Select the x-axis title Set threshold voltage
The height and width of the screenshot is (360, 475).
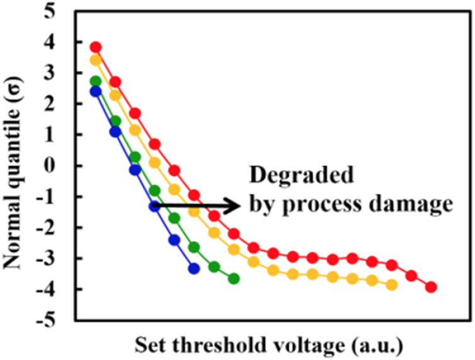coord(268,345)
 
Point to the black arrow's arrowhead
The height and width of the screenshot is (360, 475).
coord(235,205)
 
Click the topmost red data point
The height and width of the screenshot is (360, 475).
coord(96,47)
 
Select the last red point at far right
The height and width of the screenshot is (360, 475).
coord(431,288)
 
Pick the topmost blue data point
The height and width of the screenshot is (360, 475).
coord(96,91)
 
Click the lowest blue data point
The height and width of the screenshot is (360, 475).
coord(194,268)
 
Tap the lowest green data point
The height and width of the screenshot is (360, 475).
coord(234,278)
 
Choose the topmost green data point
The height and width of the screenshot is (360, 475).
coord(96,81)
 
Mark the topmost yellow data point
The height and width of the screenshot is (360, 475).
coord(96,60)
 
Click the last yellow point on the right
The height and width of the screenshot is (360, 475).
coord(392,285)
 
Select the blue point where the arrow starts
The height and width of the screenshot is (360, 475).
coord(154,206)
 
